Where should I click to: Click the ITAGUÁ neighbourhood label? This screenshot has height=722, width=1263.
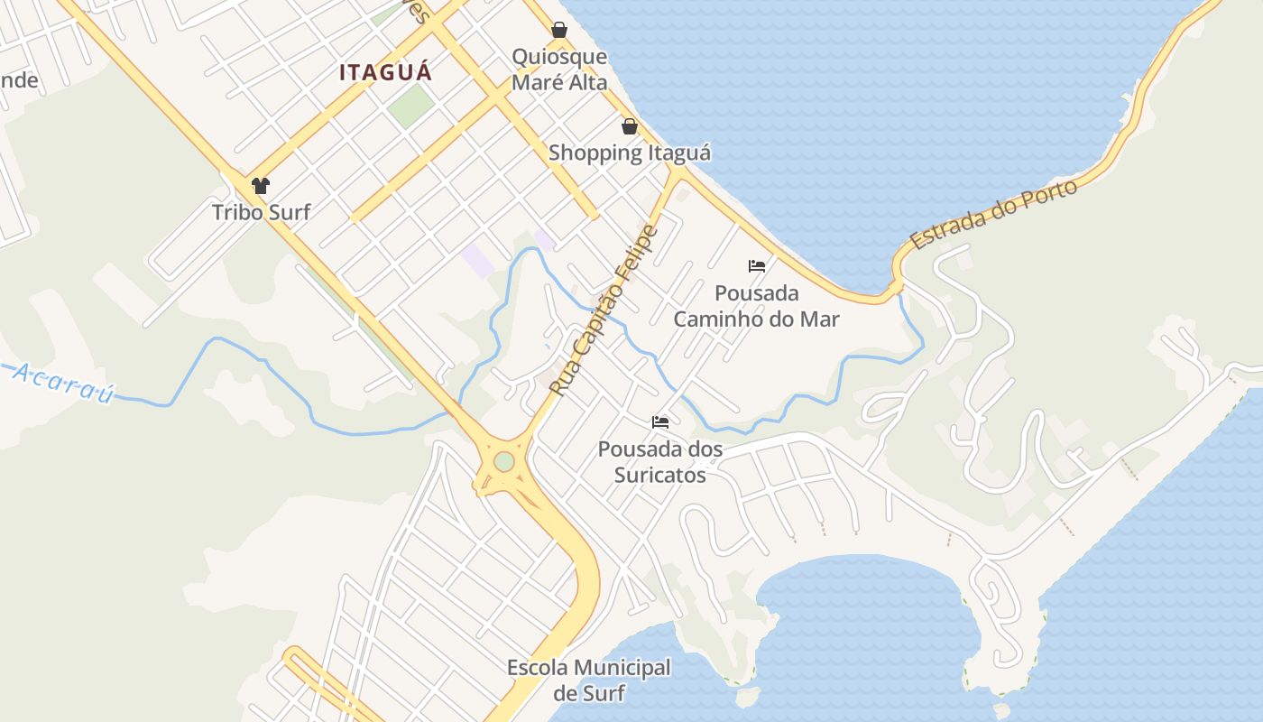(386, 73)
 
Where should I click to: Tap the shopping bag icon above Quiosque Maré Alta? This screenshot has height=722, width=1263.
(559, 30)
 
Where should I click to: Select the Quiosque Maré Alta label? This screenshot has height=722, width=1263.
(559, 69)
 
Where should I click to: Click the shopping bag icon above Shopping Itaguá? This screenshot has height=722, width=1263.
(630, 126)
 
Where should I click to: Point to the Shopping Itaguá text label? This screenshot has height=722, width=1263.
(630, 153)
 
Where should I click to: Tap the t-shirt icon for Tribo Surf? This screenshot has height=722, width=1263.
(261, 186)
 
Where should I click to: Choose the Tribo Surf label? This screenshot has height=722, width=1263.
(261, 212)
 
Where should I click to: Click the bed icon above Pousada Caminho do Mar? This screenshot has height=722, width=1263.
(757, 266)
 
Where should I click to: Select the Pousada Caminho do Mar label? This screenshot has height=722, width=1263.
(757, 306)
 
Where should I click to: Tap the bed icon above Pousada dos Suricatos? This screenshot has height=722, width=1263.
(660, 421)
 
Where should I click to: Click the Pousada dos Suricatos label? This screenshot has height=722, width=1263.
(660, 461)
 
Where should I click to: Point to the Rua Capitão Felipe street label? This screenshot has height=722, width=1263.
(604, 311)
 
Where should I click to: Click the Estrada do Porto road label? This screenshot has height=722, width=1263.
(993, 215)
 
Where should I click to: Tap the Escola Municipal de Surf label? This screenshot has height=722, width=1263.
(589, 680)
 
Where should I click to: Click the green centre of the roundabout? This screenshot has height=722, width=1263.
(504, 461)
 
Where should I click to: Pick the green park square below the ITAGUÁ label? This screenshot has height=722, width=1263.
(411, 106)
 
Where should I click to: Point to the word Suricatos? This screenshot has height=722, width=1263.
(660, 474)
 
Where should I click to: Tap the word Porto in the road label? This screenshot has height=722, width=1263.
(1046, 197)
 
